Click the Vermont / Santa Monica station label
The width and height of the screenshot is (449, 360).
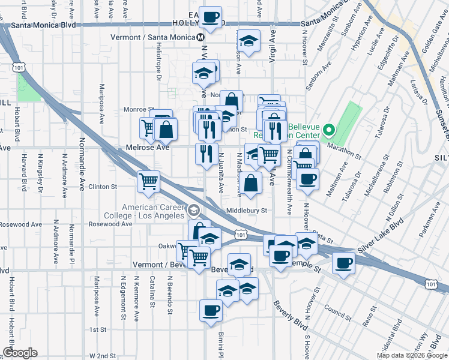tap(154, 37)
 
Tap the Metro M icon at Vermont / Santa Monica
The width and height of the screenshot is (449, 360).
tap(202, 37)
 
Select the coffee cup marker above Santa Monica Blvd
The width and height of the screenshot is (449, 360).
tap(209, 17)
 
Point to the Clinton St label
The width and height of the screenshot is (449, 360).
tap(102, 187)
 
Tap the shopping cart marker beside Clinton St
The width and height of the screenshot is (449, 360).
tap(148, 181)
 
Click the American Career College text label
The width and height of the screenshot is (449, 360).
tap(153, 211)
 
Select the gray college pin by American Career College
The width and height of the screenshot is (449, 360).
tap(193, 211)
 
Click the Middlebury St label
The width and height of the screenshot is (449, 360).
tap(246, 211)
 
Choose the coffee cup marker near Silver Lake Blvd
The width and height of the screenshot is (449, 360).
tap(344, 263)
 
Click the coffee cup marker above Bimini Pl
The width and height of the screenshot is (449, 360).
tap(209, 311)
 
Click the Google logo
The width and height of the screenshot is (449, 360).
tap(20, 353)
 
